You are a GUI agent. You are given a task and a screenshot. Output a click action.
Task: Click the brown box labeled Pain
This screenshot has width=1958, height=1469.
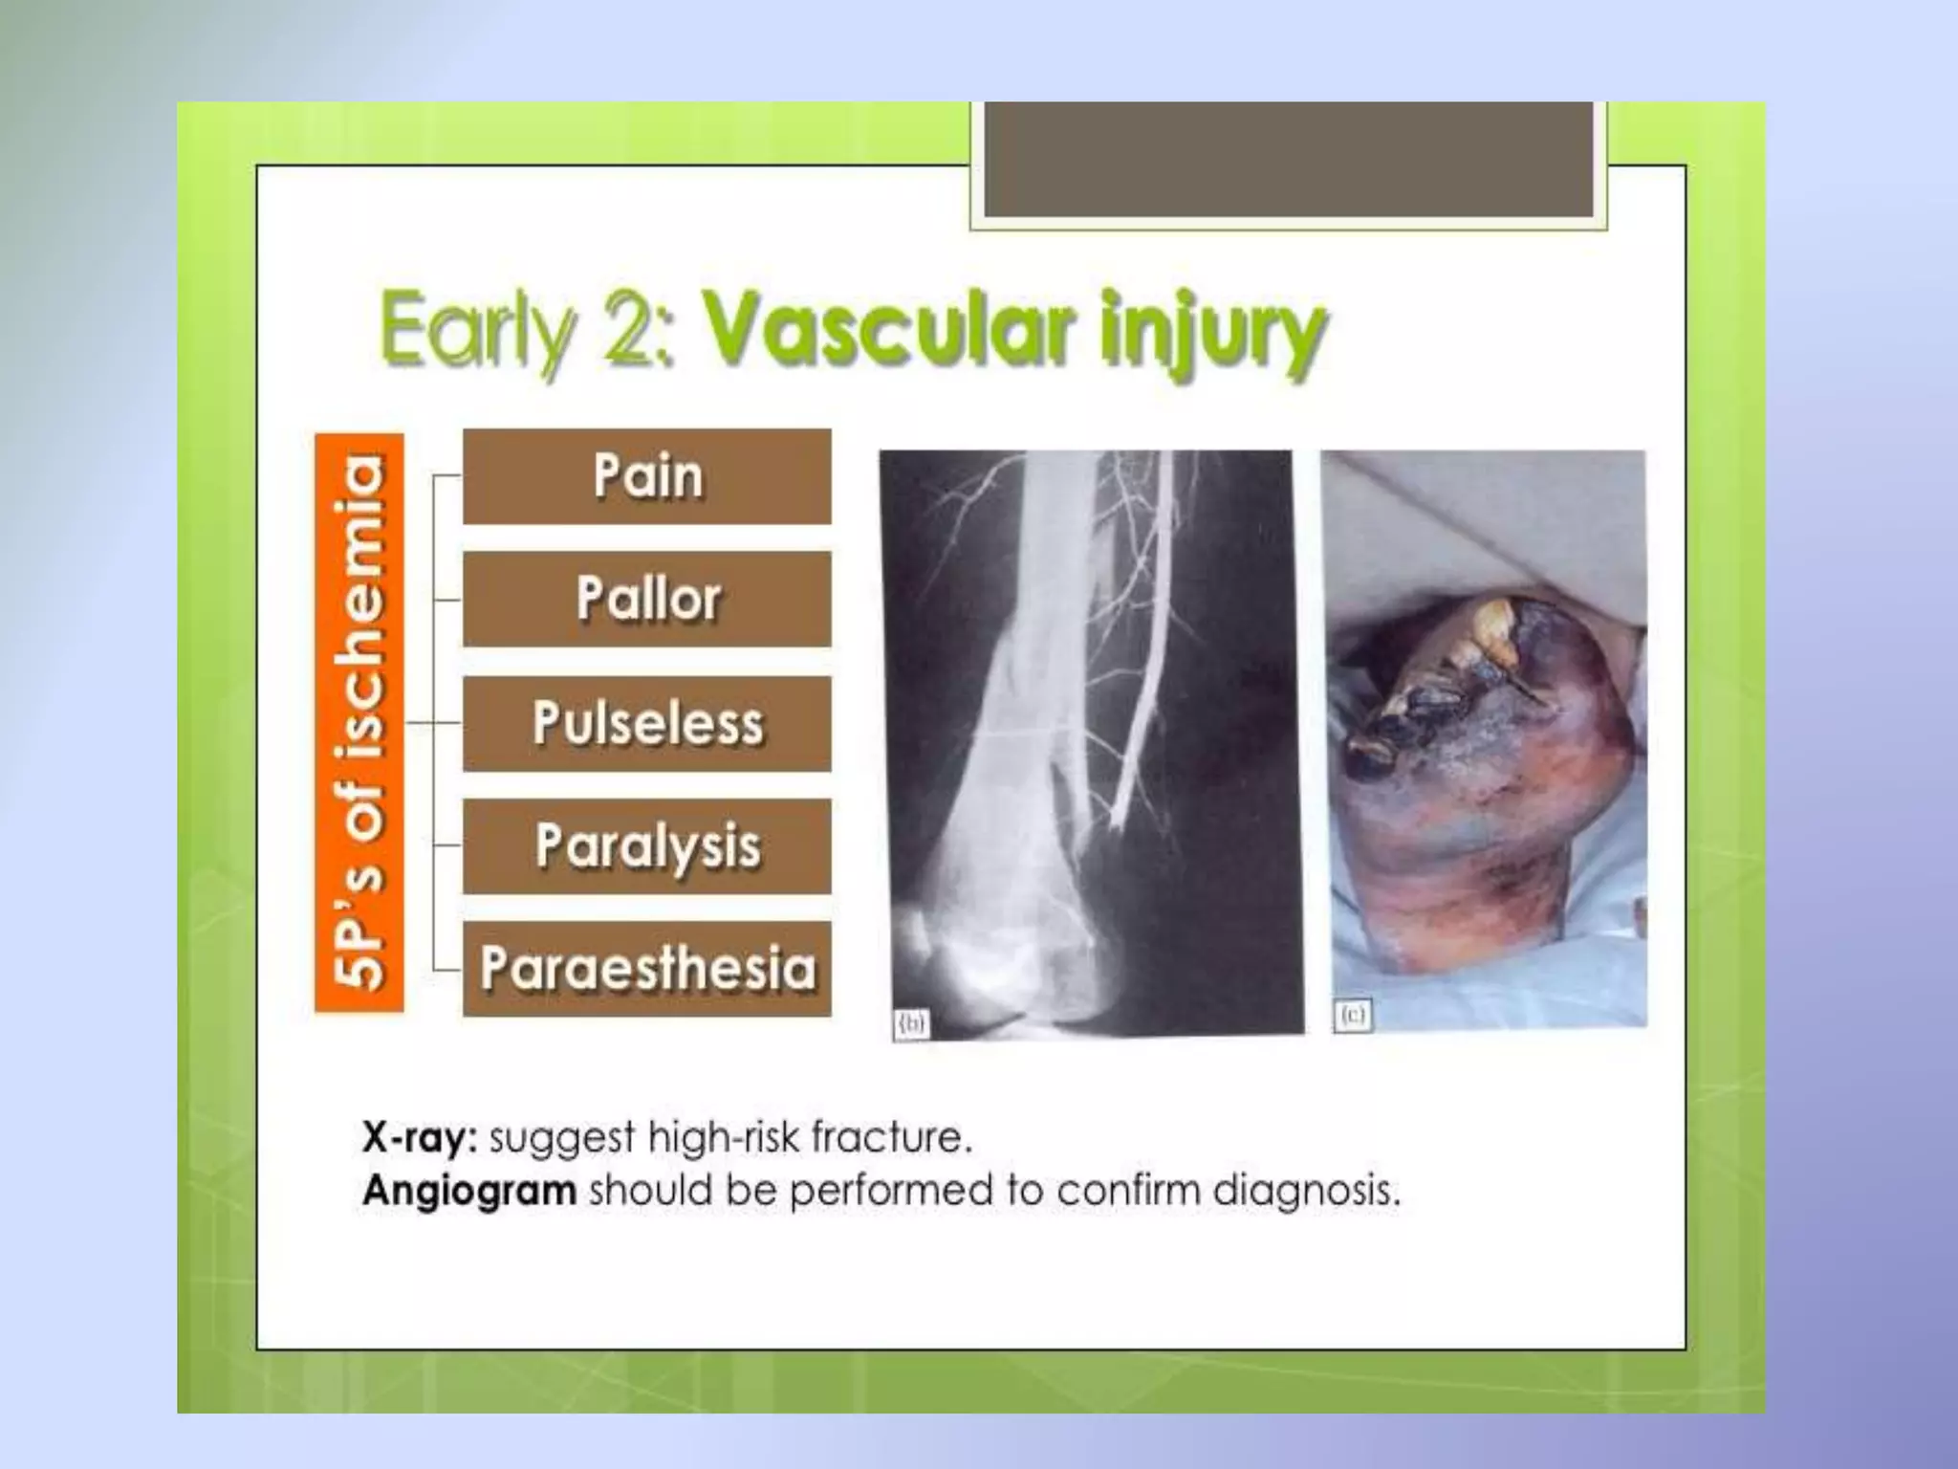tap(647, 476)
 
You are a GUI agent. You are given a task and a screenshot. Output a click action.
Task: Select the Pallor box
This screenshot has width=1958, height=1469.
tap(647, 600)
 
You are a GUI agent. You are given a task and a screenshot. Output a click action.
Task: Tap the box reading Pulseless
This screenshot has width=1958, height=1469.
tap(647, 723)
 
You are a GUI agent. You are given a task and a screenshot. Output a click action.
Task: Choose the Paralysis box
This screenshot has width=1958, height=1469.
tap(647, 846)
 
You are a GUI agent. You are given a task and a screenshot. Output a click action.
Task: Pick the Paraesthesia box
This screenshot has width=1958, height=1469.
tap(647, 969)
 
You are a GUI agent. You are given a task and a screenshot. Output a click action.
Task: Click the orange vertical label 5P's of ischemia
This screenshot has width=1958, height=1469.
tap(359, 722)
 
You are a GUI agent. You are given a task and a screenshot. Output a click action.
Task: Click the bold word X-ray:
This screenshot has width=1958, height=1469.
tap(419, 1138)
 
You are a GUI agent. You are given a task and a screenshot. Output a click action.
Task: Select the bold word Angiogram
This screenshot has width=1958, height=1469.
tap(469, 1192)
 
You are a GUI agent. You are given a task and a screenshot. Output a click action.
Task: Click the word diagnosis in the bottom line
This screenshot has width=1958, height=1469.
tap(1306, 1192)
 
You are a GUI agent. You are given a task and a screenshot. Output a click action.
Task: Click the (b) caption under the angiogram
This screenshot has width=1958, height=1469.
tap(911, 1024)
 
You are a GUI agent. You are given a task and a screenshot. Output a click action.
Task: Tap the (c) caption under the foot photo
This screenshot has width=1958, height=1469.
tap(1352, 1015)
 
